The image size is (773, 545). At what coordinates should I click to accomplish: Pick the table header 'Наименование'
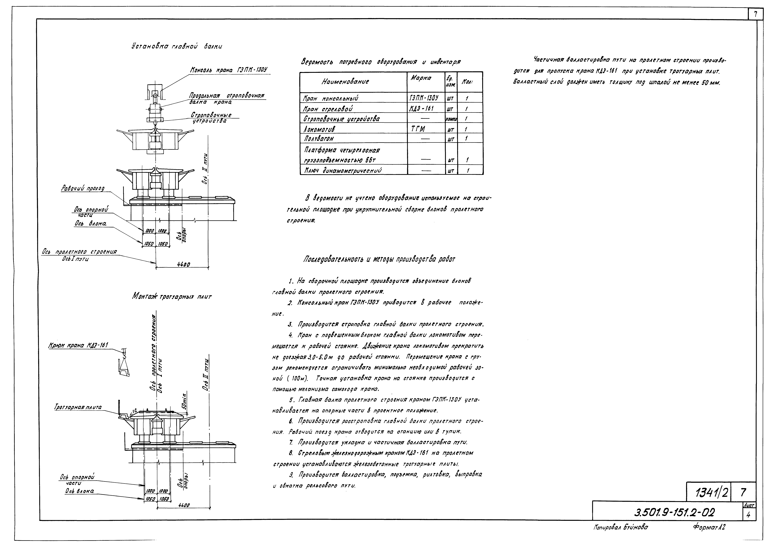click(345, 82)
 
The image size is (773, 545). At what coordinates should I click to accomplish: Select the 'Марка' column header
click(421, 78)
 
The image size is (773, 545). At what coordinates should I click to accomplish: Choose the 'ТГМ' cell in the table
click(418, 129)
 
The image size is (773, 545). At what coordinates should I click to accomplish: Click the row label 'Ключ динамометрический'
click(343, 170)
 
